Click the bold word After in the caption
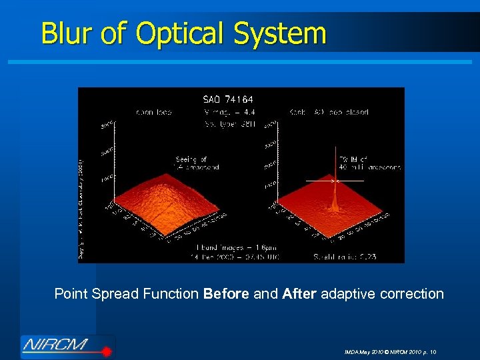tap(300, 293)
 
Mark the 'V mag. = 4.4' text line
tap(225, 113)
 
